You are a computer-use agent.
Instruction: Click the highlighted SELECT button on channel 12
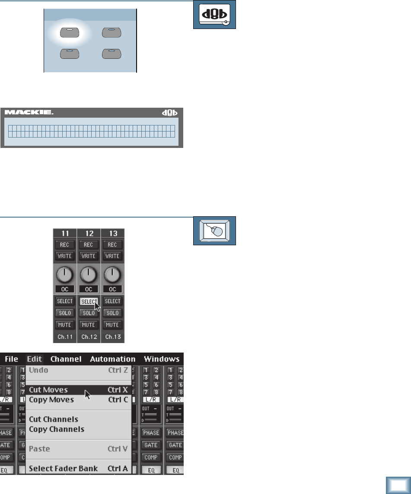89,301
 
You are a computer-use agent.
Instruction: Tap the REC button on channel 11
64,244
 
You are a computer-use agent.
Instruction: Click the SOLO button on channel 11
64,313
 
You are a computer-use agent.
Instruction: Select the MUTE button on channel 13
112,324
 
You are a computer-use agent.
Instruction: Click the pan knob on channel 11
64,274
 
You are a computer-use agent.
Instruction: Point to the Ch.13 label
112,336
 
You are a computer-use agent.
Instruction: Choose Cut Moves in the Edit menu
48,390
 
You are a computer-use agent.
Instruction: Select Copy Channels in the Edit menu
57,429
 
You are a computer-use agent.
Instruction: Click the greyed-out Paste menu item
39,449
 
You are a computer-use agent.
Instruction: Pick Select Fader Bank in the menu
63,468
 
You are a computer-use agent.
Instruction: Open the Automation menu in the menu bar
113,359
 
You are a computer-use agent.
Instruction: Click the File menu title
11,359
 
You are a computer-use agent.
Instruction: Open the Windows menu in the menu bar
162,359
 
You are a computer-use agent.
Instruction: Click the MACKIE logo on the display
29,112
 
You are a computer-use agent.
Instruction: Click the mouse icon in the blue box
214,231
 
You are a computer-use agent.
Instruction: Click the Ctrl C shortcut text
118,400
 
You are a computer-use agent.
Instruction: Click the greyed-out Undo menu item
38,370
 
